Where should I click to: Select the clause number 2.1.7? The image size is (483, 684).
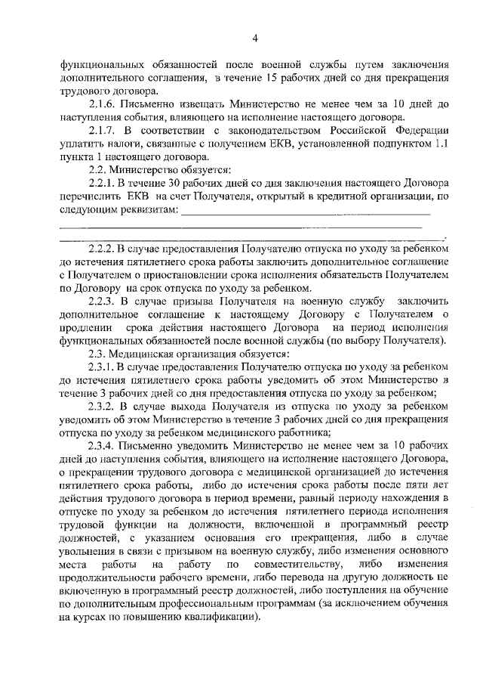tap(103, 132)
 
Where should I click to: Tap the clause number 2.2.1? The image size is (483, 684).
tap(103, 182)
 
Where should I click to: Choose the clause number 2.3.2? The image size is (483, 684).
tap(103, 407)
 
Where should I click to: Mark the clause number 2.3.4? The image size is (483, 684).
tap(103, 446)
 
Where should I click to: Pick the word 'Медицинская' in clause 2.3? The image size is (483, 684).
tap(140, 354)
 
